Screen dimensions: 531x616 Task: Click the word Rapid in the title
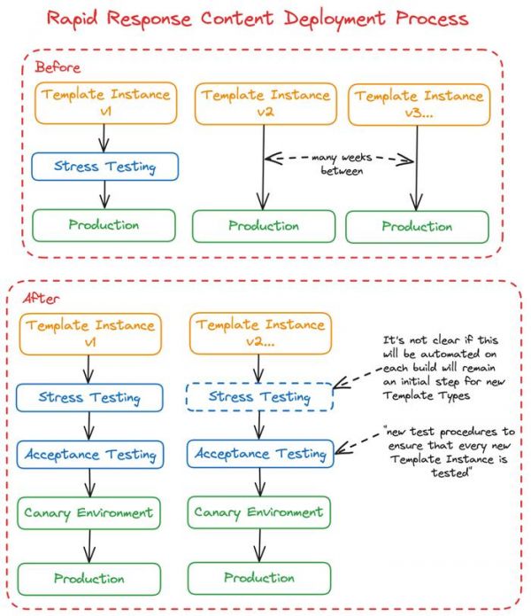tap(73, 19)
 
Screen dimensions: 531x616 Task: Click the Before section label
tap(58, 67)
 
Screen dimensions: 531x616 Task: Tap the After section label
tap(41, 299)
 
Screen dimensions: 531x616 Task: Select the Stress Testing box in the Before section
tap(104, 167)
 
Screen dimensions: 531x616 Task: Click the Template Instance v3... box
tap(419, 105)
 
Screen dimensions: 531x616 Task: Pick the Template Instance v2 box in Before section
tap(265, 104)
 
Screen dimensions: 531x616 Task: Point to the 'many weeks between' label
tap(342, 164)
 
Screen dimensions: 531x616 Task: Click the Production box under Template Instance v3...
tap(417, 227)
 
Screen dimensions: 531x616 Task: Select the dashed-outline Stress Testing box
tap(259, 397)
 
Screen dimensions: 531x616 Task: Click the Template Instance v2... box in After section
tap(260, 333)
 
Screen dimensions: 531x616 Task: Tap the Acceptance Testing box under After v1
tap(89, 455)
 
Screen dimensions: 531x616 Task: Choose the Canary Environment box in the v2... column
tap(258, 512)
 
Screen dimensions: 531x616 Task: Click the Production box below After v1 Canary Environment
tap(89, 579)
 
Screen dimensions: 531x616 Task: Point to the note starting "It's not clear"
tap(444, 367)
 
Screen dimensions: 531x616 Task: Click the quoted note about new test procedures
tap(450, 452)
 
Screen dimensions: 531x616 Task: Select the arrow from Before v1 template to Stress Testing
tap(104, 138)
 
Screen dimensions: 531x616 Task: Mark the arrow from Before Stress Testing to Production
tap(104, 195)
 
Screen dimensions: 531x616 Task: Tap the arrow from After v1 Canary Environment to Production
tap(89, 546)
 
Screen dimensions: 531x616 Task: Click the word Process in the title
tap(432, 18)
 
